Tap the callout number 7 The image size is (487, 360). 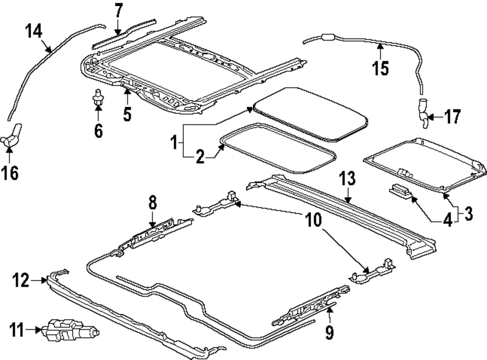(x=119, y=10)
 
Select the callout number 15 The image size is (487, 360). (x=381, y=68)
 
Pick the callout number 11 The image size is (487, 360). (x=18, y=332)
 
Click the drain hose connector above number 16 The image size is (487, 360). (x=14, y=134)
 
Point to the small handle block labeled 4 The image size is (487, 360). (x=401, y=190)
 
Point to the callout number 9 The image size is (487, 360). (x=329, y=332)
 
